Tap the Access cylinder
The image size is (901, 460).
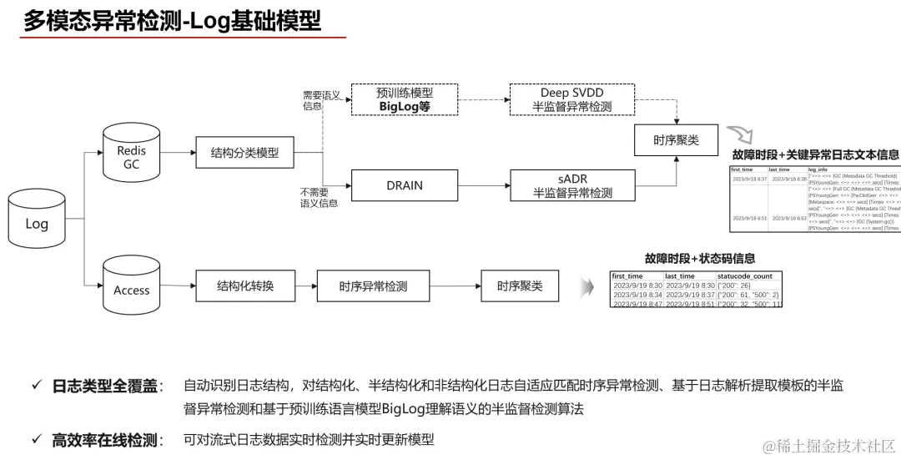click(x=131, y=286)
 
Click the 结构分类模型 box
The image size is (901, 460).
click(x=244, y=154)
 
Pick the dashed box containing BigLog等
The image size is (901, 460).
click(x=405, y=100)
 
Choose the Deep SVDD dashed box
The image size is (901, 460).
click(x=571, y=100)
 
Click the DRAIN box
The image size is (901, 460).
click(x=405, y=185)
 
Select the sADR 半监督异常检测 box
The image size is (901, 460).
click(x=572, y=185)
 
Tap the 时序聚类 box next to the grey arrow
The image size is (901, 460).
click(x=676, y=140)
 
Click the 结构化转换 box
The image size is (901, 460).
click(x=244, y=286)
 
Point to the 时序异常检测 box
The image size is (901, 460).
click(x=373, y=286)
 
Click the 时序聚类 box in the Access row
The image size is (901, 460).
click(x=520, y=286)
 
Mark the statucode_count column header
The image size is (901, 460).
click(x=745, y=275)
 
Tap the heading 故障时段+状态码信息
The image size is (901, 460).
click(x=699, y=259)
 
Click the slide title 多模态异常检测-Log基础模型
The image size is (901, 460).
click(x=172, y=21)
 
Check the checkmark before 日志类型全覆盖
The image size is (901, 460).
click(x=36, y=386)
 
